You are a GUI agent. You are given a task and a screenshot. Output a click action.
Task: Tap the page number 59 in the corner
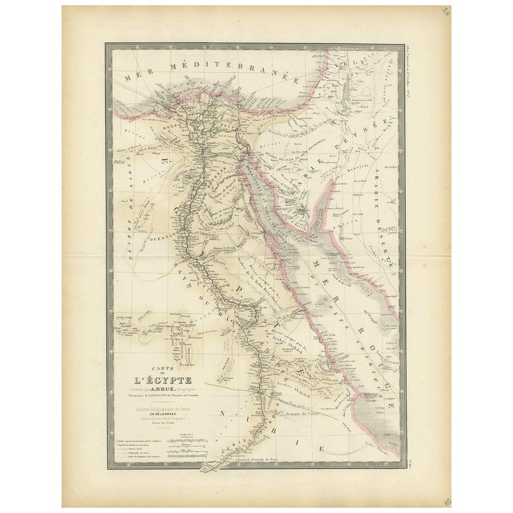pyautogui.click(x=446, y=11)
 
